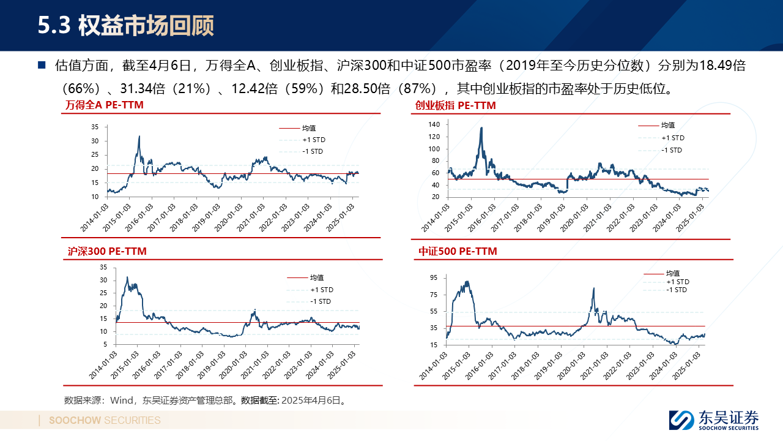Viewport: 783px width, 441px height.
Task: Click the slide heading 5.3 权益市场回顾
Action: [126, 26]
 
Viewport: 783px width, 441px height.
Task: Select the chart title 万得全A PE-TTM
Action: [105, 105]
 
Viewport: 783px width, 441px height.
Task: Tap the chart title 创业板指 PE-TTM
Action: [455, 105]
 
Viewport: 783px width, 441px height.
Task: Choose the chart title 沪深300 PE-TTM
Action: [106, 251]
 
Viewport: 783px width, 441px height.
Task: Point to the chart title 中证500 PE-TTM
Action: [458, 251]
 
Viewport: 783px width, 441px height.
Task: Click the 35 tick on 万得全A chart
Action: [94, 127]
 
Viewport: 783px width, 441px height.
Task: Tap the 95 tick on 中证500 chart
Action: [433, 277]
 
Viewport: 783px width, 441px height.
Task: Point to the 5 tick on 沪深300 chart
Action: [105, 344]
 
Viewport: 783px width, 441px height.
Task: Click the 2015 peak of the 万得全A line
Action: [139, 136]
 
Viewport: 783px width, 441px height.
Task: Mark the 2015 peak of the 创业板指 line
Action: [481, 127]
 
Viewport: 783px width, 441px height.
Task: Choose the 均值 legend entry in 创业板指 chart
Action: [667, 126]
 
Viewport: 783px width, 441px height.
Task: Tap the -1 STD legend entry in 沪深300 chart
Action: [320, 301]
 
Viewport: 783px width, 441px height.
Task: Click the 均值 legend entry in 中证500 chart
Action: [673, 273]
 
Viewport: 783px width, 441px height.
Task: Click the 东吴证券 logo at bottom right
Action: [714, 420]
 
